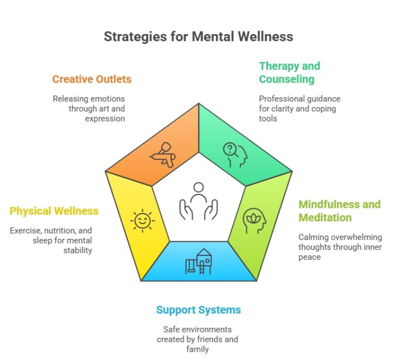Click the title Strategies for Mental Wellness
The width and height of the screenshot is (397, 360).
tap(198, 37)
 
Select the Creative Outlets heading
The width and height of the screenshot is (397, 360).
tap(91, 79)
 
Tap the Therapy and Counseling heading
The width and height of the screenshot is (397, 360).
tap(289, 72)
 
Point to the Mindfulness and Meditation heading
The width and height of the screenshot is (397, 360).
tap(339, 211)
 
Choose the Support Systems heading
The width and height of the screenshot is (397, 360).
tap(198, 310)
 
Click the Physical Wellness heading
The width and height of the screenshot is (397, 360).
tap(54, 211)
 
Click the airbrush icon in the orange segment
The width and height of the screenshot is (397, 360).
tap(163, 155)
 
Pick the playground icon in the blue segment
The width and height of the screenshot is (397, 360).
tap(199, 261)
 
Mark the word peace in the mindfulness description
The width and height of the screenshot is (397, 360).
tap(309, 257)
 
